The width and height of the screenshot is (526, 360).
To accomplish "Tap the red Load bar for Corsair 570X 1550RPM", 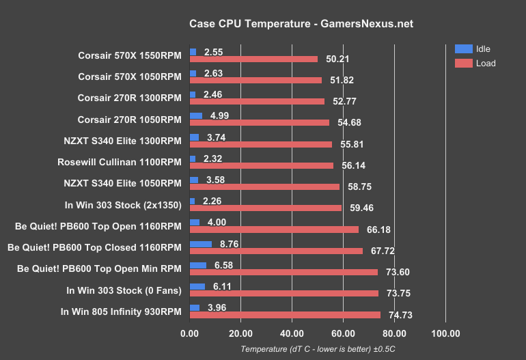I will (x=253, y=59).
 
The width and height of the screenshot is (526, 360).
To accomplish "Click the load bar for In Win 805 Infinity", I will (x=285, y=315).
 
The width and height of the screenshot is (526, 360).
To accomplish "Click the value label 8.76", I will (x=227, y=244).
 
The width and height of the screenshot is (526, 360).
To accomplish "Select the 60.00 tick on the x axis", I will (x=343, y=334).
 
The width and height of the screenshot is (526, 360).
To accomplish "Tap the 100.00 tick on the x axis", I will (x=445, y=334).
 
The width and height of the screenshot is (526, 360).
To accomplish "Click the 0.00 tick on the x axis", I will (x=190, y=334).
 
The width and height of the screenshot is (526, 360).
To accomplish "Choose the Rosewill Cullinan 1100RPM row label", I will (x=120, y=163).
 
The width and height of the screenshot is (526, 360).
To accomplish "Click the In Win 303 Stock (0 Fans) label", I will (x=125, y=290).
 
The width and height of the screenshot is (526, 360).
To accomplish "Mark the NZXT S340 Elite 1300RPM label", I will (x=122, y=141).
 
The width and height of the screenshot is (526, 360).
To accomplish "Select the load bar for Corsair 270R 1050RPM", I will (x=260, y=123).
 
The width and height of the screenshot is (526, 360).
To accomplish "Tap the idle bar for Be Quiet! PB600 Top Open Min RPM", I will (x=198, y=265).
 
